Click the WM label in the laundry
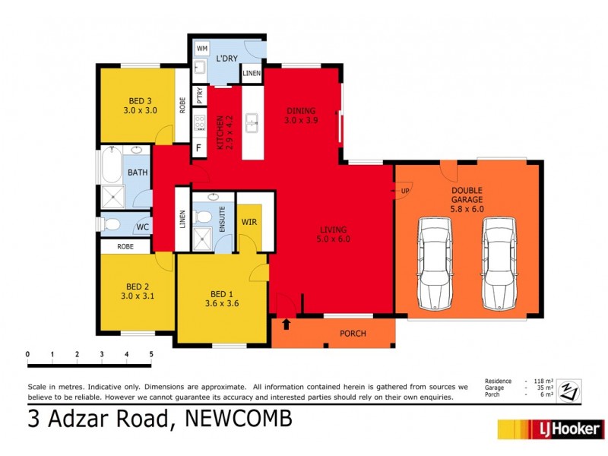[202, 49]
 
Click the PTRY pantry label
[199, 96]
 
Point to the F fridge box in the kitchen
[199, 147]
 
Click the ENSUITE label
[223, 218]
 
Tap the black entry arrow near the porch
[286, 325]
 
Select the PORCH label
[353, 334]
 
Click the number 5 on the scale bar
[151, 354]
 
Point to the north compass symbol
[569, 391]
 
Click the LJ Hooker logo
[550, 429]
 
